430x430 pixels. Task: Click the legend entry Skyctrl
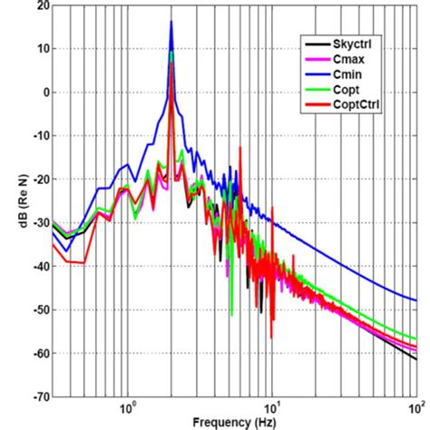click(355, 43)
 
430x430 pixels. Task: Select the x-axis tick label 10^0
click(128, 408)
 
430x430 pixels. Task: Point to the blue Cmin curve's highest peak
click(171, 22)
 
